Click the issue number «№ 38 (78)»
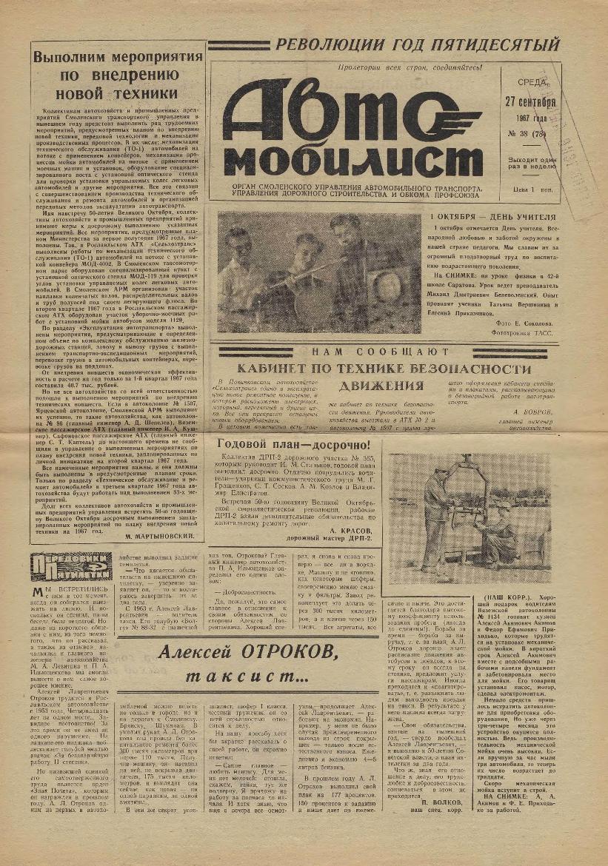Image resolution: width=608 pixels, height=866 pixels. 527,135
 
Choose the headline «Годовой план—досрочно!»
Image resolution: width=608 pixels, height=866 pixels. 295,445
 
